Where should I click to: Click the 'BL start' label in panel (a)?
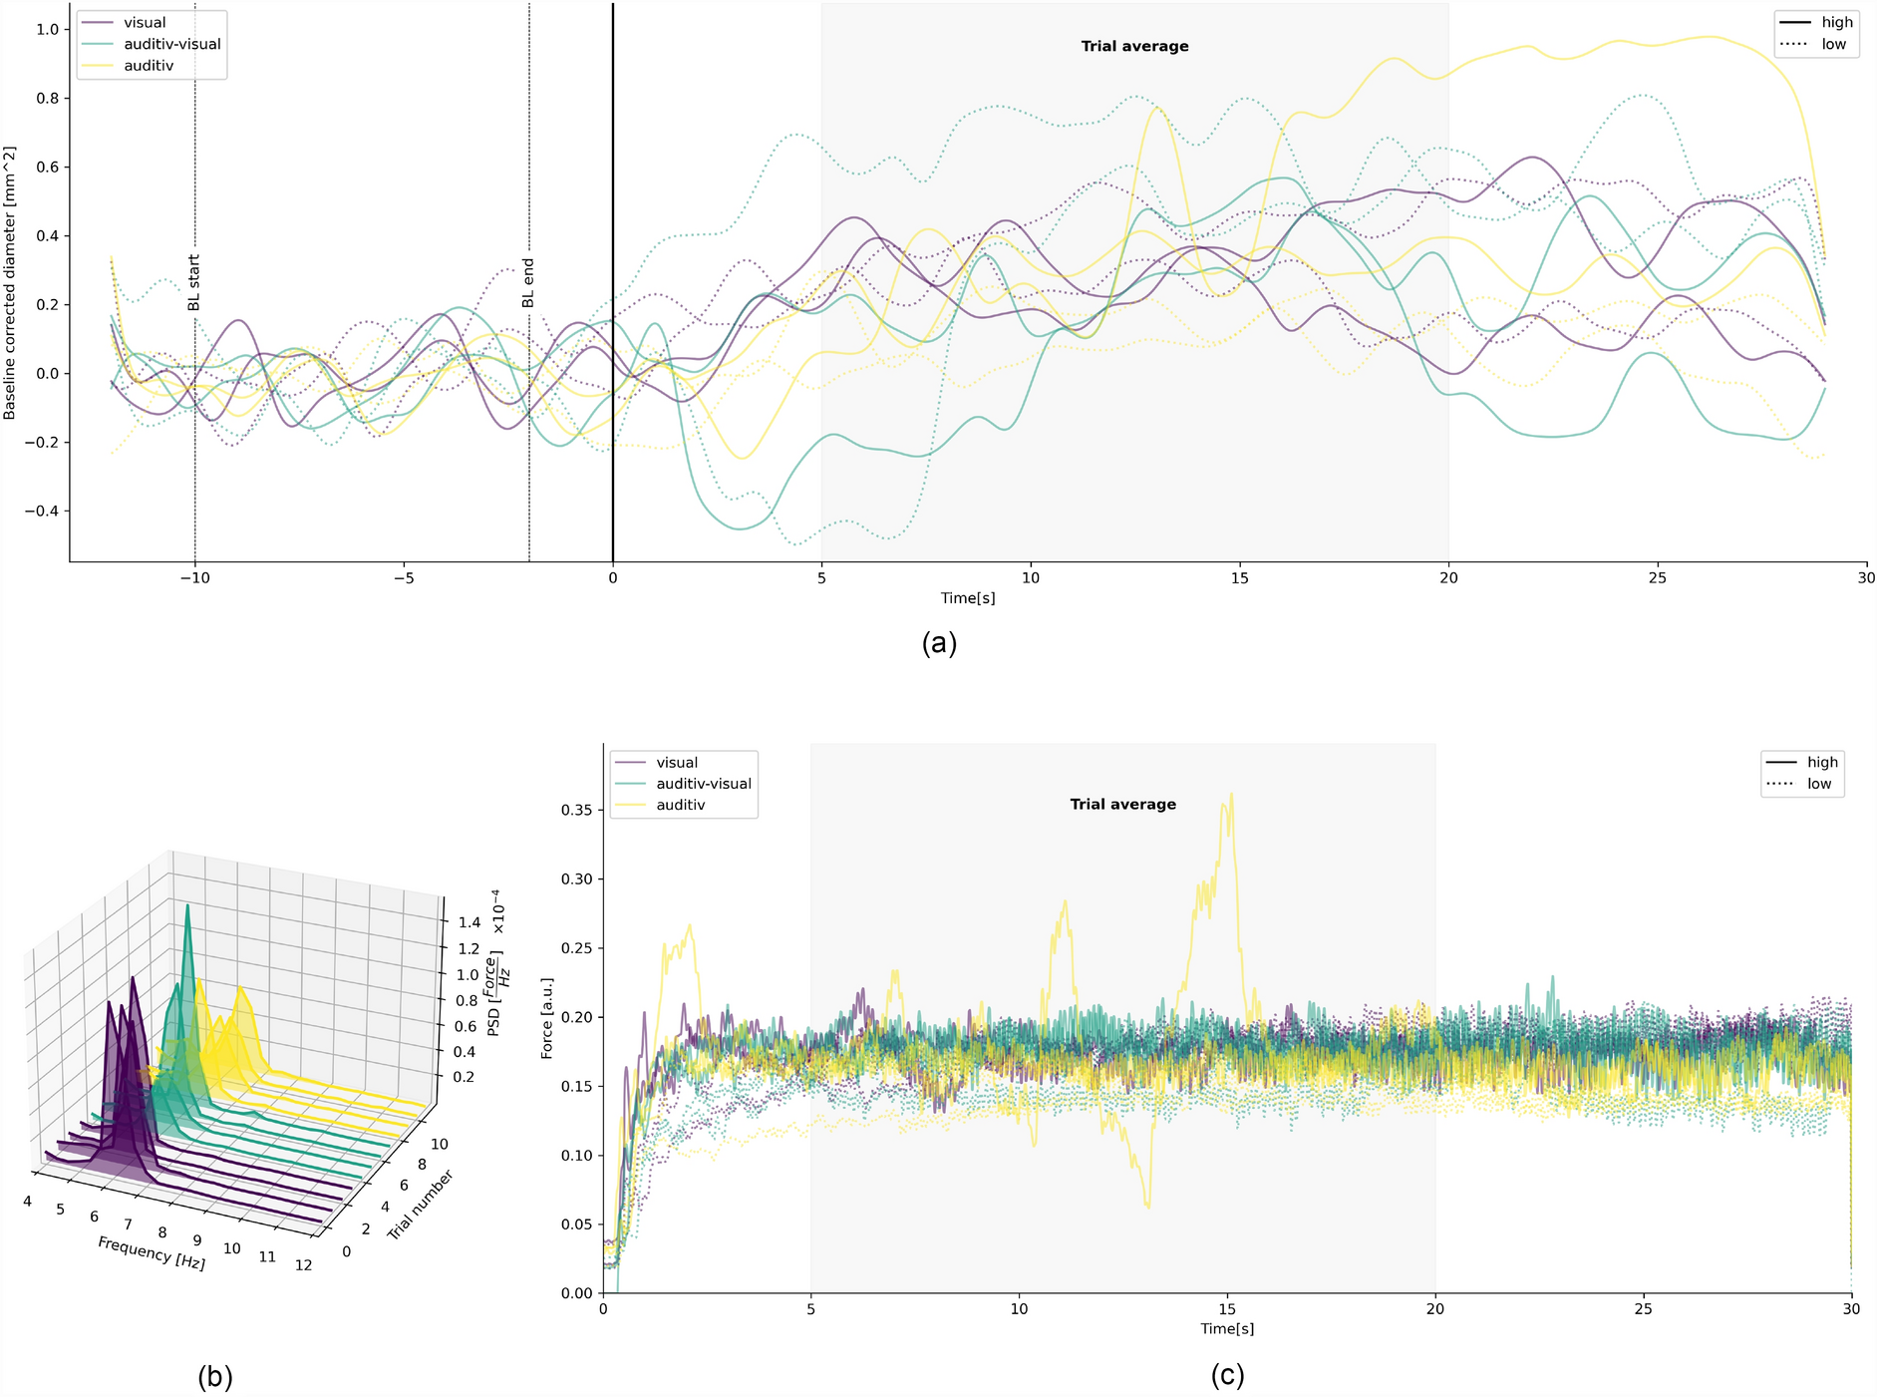point(194,283)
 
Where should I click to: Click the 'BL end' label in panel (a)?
point(528,284)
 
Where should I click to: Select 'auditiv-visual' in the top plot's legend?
point(171,44)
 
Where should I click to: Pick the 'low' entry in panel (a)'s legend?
point(1833,44)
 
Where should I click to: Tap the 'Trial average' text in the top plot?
point(1134,46)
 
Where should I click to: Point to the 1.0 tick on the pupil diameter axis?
point(47,29)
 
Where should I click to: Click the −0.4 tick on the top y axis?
point(41,511)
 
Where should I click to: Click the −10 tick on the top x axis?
point(194,577)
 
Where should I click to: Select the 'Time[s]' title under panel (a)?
point(967,598)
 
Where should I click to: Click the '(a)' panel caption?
point(939,643)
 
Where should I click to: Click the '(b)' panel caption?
point(215,1377)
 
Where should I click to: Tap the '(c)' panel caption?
point(1227,1375)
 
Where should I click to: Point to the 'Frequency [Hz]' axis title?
point(152,1252)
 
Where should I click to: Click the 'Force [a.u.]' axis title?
point(546,1018)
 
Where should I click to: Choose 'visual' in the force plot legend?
point(677,763)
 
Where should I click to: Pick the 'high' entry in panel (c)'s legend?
point(1822,762)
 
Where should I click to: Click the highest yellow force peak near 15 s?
point(1232,795)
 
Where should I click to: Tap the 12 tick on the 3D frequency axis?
point(303,1264)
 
